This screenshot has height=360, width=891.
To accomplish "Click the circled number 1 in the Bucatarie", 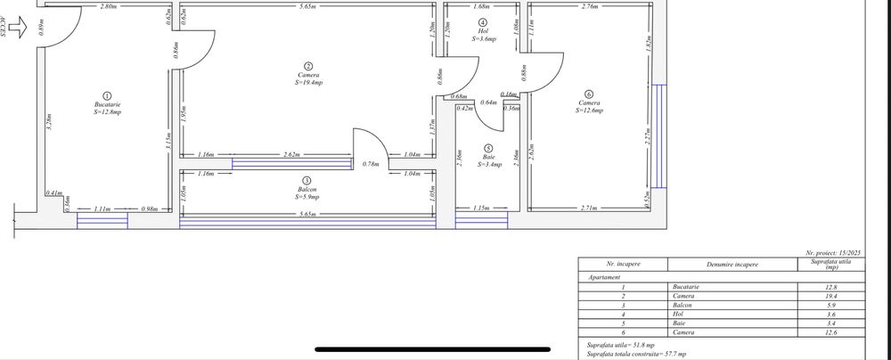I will coord(107,95).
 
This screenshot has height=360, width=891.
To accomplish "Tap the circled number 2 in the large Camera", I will coord(308,66).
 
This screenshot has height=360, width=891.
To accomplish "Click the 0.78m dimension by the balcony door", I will coord(372,163).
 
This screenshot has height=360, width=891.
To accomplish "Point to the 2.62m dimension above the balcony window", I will coord(290,154).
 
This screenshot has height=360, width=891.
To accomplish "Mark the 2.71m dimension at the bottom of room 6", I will coord(588,207).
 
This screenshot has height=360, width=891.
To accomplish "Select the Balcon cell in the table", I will coord(683,306).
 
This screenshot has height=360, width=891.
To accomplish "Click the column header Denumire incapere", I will coord(728,265).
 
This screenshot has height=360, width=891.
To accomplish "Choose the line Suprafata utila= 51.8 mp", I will coord(619,344).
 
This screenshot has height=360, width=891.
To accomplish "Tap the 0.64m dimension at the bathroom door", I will coord(488,102).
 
